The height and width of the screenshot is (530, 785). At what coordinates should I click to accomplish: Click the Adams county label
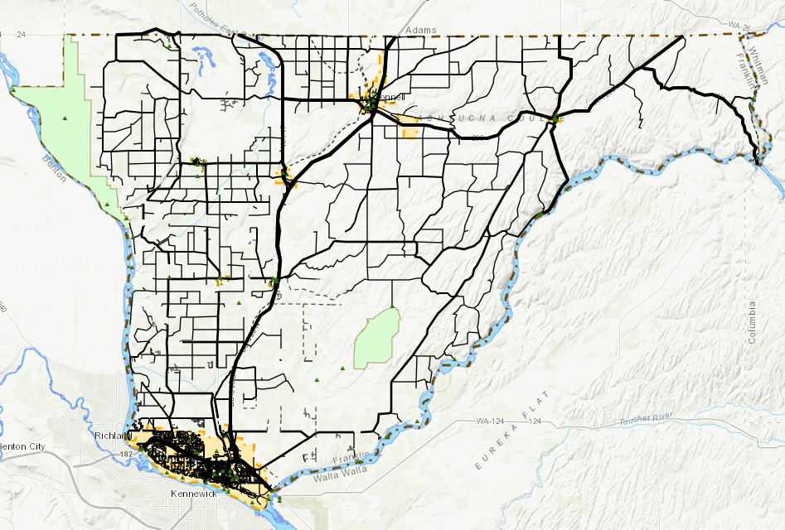[x=421, y=30]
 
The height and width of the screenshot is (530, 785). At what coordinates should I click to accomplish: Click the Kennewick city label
[x=193, y=494]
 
